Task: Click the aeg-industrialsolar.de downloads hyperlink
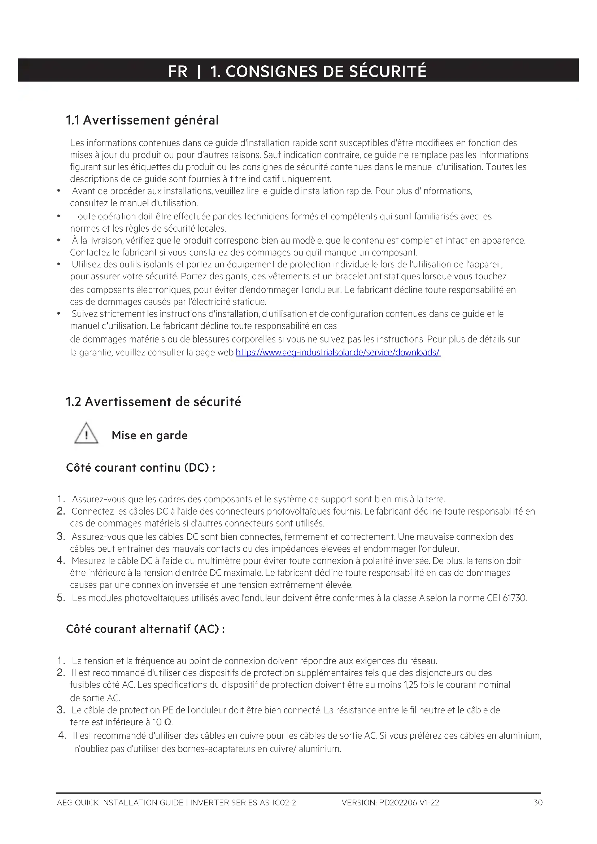(338, 353)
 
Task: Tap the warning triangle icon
(86, 433)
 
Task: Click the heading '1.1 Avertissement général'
(142, 120)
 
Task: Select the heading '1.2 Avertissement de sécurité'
(153, 402)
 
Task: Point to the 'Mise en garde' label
(150, 435)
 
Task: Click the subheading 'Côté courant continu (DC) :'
(141, 468)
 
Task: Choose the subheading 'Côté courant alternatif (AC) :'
(145, 629)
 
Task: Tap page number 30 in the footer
(538, 803)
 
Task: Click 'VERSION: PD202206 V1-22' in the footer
(390, 803)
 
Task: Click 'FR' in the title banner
(178, 71)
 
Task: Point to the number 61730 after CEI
(514, 598)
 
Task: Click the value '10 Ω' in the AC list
(162, 722)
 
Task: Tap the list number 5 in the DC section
(61, 598)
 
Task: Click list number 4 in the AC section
(62, 735)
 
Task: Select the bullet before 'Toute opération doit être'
(59, 217)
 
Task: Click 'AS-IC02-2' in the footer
(278, 803)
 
